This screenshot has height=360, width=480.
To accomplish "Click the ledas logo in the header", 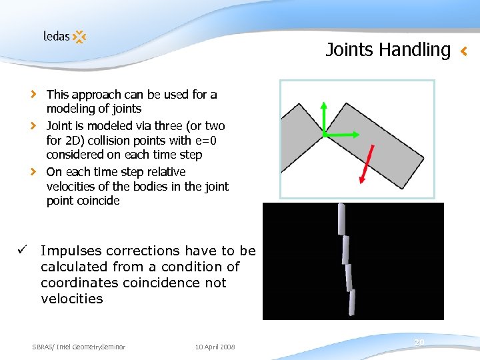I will (x=65, y=37).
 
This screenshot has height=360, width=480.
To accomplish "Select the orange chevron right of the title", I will (x=465, y=50).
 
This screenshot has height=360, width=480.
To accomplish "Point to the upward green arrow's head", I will (x=323, y=106).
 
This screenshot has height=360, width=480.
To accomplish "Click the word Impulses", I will (x=70, y=251).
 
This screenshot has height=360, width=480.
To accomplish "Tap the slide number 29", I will (x=419, y=342).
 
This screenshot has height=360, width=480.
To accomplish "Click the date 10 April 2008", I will (x=215, y=347).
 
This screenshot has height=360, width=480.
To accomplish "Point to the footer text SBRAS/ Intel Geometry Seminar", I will (x=79, y=347).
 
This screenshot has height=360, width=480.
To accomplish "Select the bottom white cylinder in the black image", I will (x=351, y=302).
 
